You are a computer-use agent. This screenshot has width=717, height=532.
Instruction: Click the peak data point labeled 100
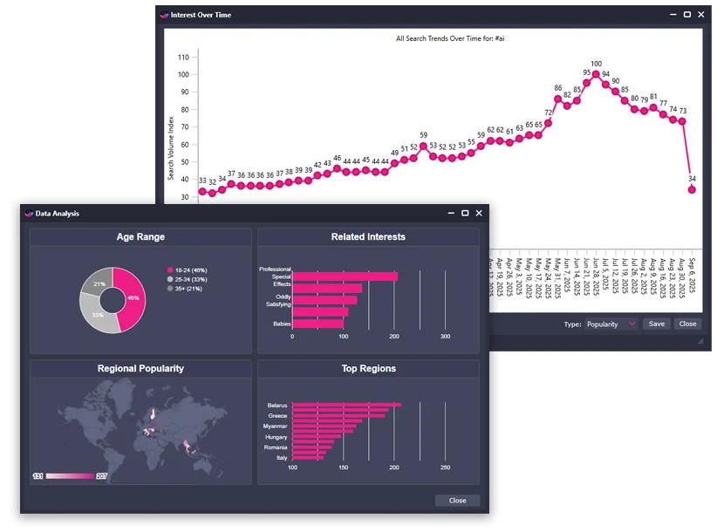(x=596, y=75)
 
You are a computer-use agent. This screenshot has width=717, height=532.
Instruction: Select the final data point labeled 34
(x=692, y=189)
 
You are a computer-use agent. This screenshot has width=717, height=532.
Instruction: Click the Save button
(x=656, y=324)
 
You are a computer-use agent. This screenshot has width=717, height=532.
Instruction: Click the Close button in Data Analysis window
(x=457, y=501)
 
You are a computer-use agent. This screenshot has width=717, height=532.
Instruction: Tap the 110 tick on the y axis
(x=182, y=57)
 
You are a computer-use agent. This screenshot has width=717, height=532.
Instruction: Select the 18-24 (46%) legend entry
(x=187, y=270)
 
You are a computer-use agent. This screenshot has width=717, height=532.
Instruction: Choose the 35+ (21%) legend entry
(x=187, y=288)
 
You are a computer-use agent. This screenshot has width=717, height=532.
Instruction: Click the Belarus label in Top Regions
(x=277, y=406)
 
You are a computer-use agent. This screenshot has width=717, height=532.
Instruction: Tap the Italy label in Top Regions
(x=281, y=457)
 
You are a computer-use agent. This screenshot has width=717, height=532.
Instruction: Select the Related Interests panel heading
(x=368, y=236)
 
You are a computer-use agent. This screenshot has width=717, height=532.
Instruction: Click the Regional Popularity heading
(x=140, y=368)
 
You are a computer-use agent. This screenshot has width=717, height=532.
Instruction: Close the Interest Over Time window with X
(x=701, y=15)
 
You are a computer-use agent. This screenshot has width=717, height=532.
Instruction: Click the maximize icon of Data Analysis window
(x=465, y=213)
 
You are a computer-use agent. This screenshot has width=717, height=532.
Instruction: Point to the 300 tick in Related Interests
(x=445, y=336)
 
